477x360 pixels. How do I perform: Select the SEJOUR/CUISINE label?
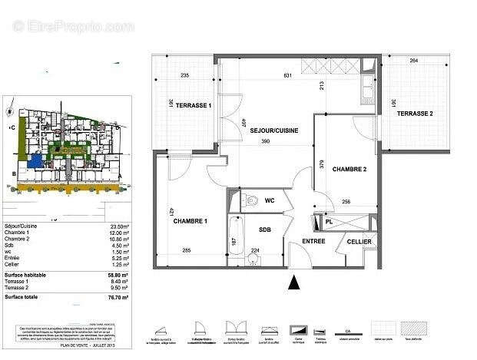273,130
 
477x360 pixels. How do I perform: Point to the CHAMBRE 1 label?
190,221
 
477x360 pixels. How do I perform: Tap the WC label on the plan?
270,201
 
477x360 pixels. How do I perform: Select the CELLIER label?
358,242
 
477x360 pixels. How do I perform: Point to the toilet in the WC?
252,202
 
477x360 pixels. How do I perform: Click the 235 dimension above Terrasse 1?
184,75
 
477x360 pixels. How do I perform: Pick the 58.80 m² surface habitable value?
118,275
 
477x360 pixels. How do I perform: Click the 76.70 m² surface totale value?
118,296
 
